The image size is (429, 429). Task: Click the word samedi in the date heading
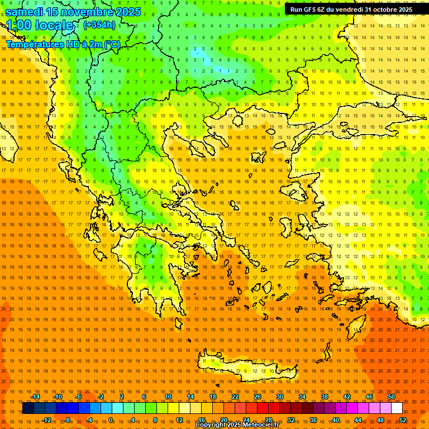coord(25,12)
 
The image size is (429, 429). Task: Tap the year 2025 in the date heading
coord(127,12)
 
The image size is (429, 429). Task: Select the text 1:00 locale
coord(40,25)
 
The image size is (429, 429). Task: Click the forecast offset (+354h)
coord(99,25)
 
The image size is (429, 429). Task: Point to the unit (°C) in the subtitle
coord(112,44)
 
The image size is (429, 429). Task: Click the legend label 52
coord(403,420)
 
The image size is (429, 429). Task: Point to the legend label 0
coord(111,420)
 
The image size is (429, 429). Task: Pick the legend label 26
coord(258,397)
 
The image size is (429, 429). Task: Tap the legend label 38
coord(325,397)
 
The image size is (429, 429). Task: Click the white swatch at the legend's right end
coord(397,408)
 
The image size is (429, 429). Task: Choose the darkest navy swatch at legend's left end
coord(28,408)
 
